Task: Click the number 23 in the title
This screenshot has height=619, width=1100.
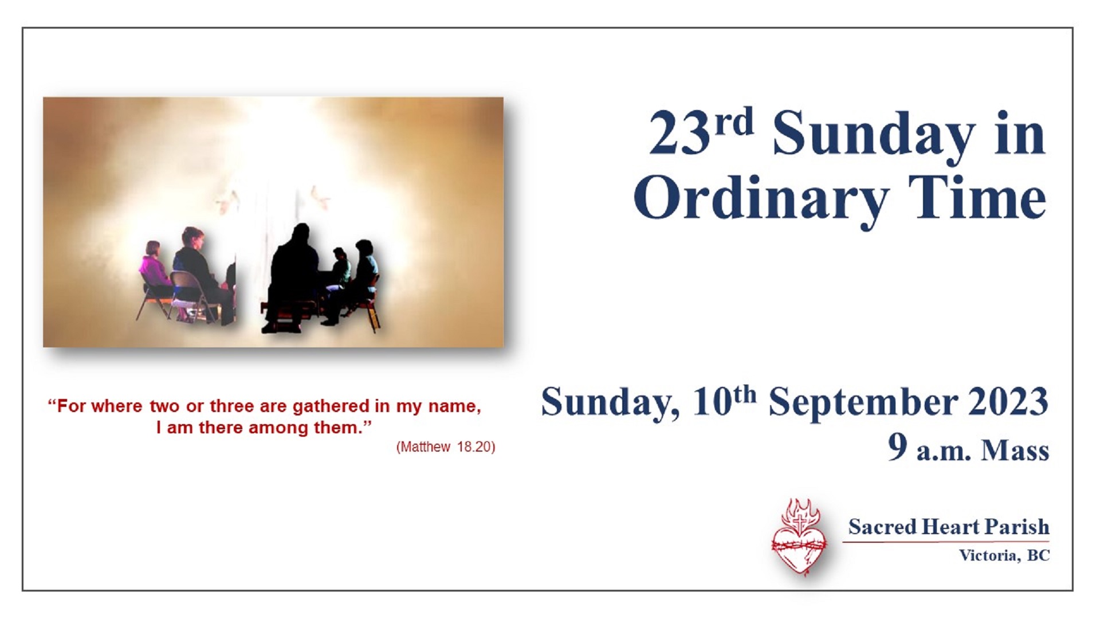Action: [680, 133]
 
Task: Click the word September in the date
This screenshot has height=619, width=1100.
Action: [863, 403]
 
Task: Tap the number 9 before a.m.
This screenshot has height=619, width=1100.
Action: [898, 447]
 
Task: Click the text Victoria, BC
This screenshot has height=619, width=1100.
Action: [1004, 555]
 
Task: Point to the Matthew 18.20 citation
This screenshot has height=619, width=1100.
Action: [446, 447]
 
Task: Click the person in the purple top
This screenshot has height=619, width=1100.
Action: [154, 269]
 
